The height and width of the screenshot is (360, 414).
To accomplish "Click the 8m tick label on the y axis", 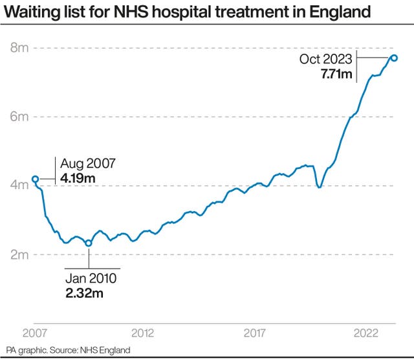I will [x=19, y=48].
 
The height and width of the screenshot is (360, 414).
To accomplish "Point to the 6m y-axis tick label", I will [x=19, y=117].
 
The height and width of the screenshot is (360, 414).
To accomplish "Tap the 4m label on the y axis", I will [x=19, y=185].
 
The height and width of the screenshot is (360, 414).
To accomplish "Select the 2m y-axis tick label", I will [x=19, y=254].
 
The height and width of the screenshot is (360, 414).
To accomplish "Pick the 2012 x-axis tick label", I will [x=142, y=333].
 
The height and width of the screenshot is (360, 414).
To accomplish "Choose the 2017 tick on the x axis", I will [x=256, y=333].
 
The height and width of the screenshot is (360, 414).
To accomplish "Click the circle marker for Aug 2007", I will [x=35, y=179].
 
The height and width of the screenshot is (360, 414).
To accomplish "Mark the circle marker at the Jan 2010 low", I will [x=89, y=243].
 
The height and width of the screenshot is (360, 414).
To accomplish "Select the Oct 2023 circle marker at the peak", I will [x=394, y=58].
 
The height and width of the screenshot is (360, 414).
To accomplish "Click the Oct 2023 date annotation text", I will [x=325, y=59].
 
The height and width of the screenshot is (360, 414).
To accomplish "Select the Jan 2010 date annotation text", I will [x=91, y=279].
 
